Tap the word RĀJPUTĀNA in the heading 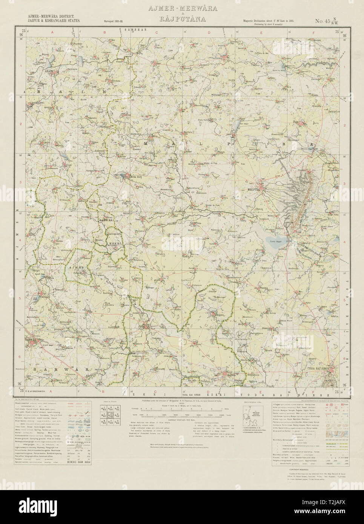pyautogui.click(x=182, y=17)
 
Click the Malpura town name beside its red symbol pyautogui.click(x=260, y=180)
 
